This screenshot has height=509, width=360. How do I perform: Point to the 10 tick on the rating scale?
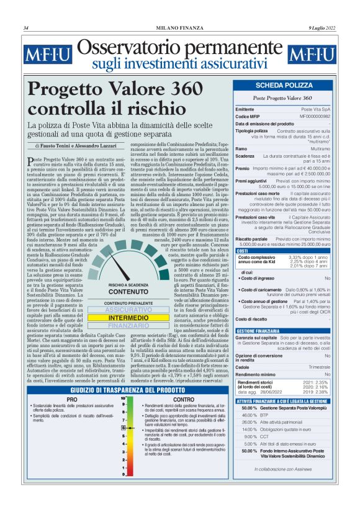click(x=124, y=397)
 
